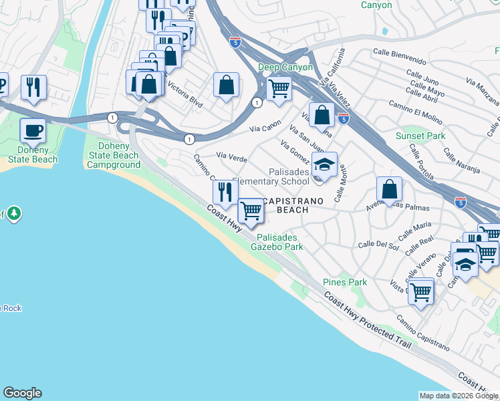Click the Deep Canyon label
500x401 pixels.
286,68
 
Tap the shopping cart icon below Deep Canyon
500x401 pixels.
279,88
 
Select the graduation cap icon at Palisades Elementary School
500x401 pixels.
324,164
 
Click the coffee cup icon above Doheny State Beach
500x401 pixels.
33,130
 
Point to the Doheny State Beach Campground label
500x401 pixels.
114,155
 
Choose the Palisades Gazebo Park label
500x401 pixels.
277,242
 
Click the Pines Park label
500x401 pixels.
344,282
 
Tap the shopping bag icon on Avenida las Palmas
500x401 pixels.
389,190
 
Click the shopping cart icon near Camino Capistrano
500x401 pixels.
420,291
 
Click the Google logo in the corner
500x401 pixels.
22,393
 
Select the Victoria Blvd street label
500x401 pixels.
186,95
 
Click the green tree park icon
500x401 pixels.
14,214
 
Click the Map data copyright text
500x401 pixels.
459,396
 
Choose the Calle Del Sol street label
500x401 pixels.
378,245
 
